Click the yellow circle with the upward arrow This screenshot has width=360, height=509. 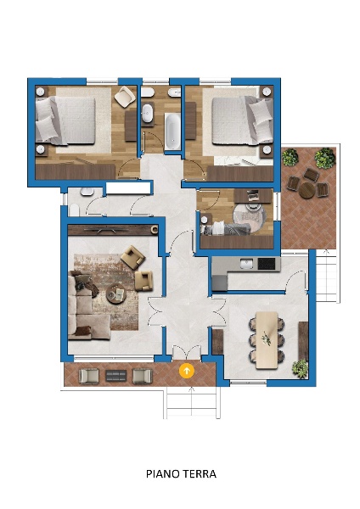[x=187, y=371]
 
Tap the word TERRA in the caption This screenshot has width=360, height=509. [x=199, y=474]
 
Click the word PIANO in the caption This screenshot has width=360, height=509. [x=162, y=474]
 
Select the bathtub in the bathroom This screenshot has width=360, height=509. [x=172, y=131]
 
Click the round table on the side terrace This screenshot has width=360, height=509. [x=307, y=190]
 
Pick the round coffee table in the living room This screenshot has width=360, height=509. [x=116, y=294]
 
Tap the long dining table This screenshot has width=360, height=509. [x=267, y=340]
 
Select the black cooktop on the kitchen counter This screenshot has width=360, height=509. [x=267, y=264]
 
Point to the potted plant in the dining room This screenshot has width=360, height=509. [x=300, y=368]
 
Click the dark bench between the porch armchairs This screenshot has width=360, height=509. [x=116, y=376]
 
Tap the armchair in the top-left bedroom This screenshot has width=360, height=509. [x=125, y=96]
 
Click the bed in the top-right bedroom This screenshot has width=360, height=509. [x=242, y=120]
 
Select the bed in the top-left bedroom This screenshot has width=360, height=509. [x=65, y=120]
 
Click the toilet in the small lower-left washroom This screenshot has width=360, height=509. [x=75, y=210]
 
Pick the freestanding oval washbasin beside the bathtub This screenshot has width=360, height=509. [x=148, y=113]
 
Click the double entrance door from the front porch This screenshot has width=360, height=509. [x=187, y=353]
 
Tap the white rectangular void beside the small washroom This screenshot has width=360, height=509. [x=129, y=188]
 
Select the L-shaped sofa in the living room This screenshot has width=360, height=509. [x=84, y=309]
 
